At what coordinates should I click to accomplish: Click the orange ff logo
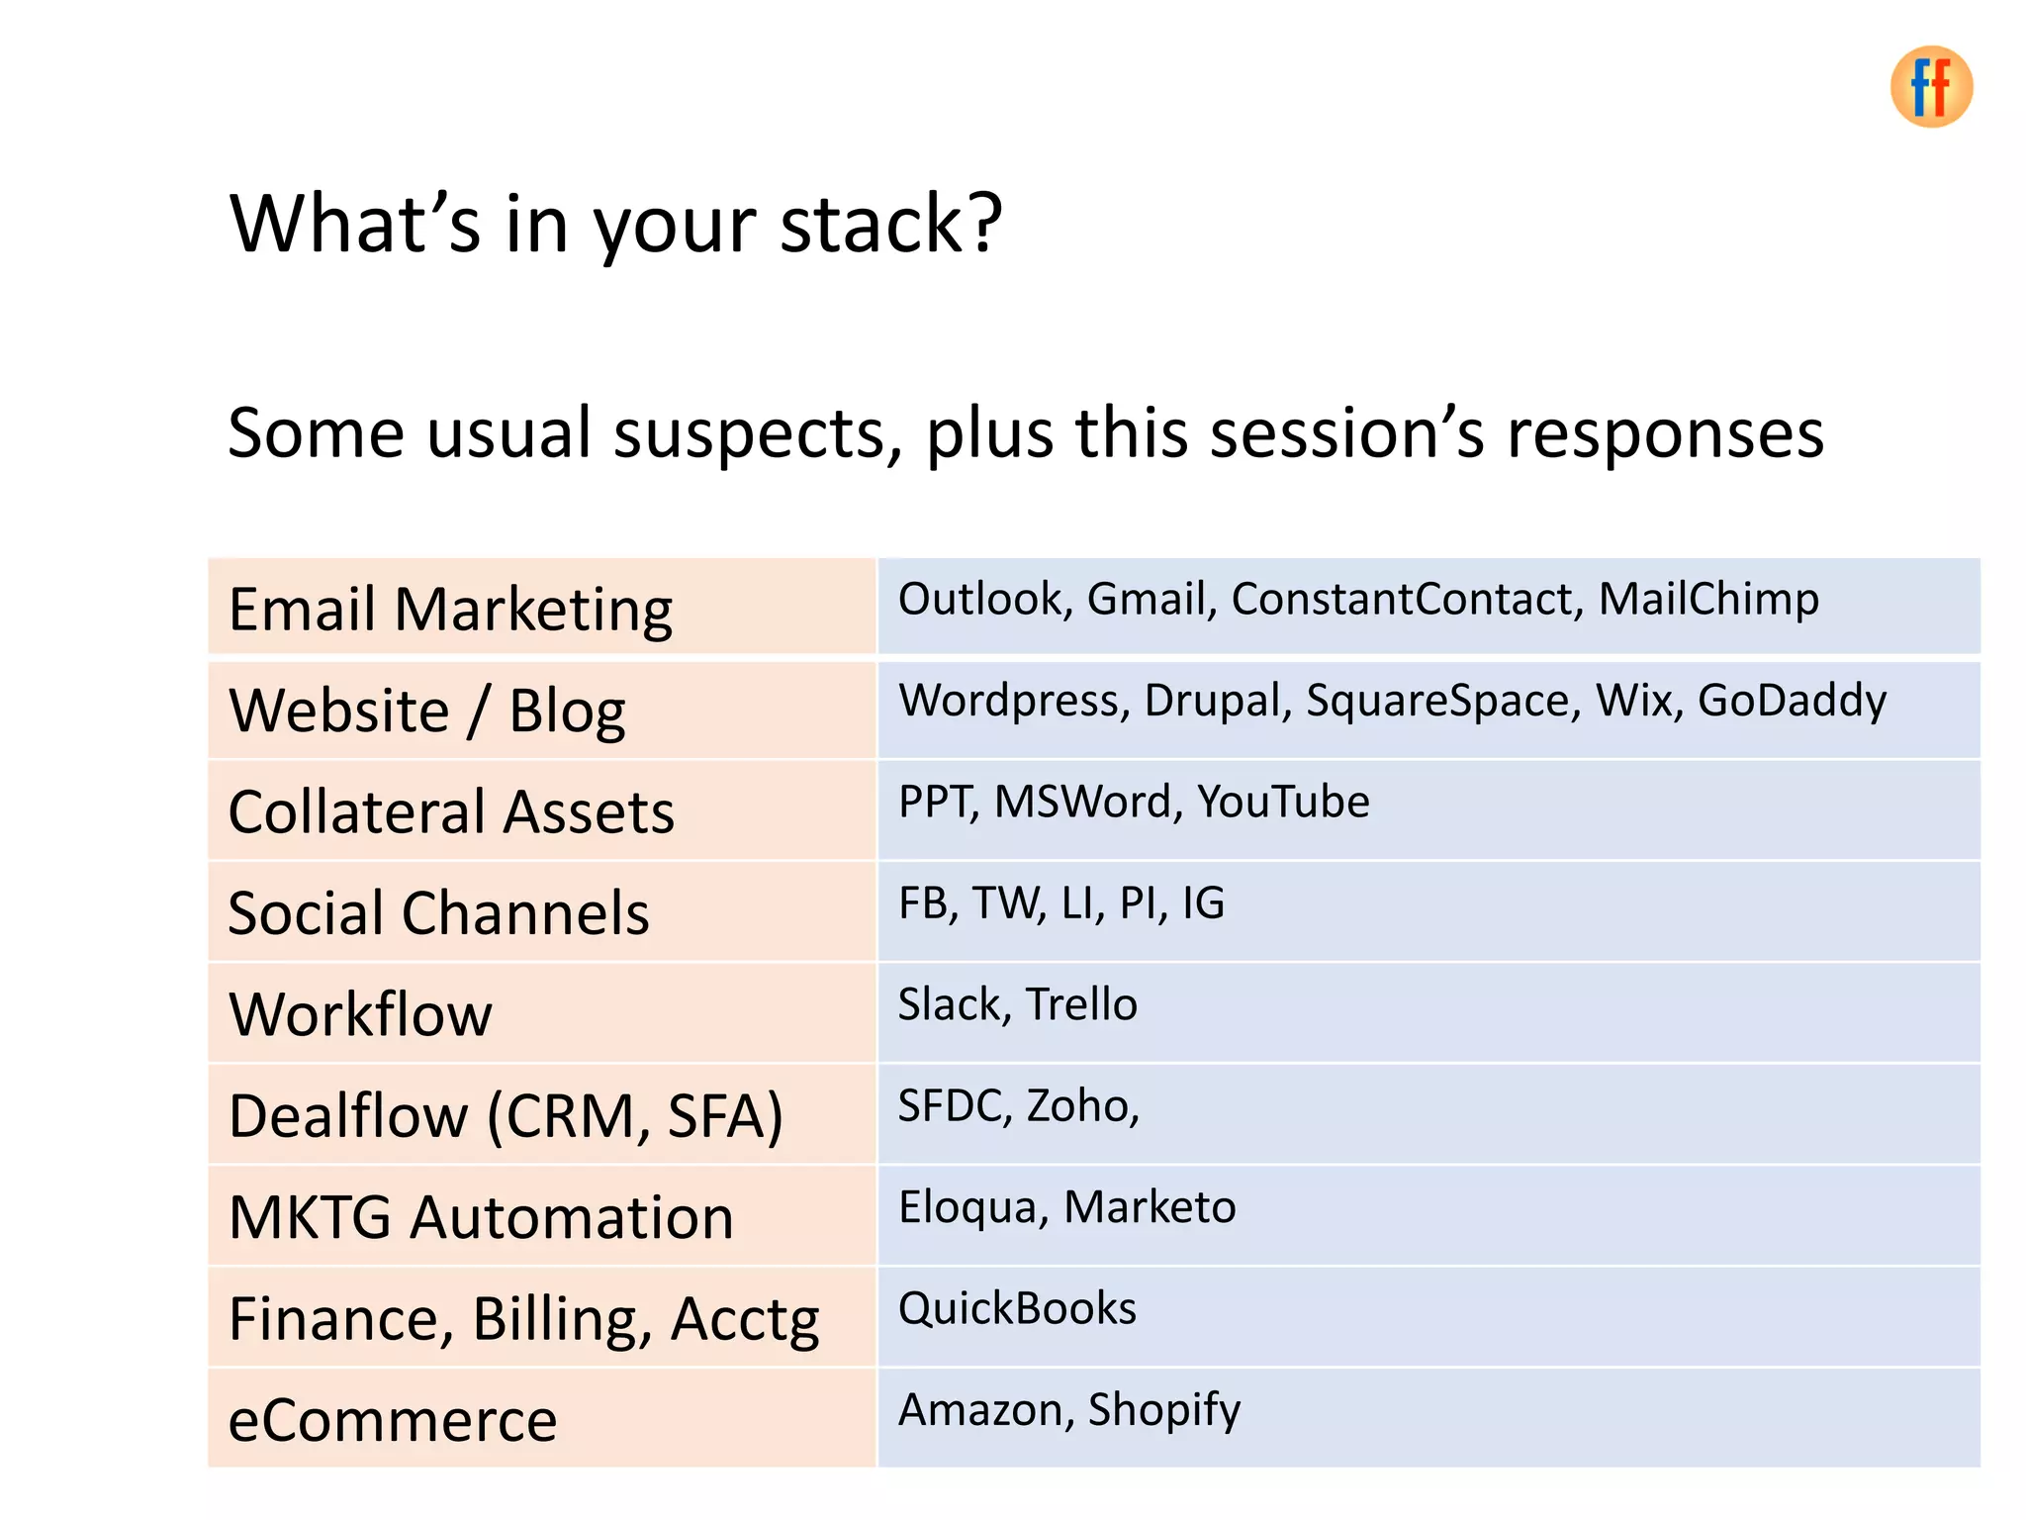(1930, 87)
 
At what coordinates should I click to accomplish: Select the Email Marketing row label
(450, 609)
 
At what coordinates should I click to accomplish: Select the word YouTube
(1283, 802)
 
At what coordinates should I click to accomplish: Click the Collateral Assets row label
(451, 812)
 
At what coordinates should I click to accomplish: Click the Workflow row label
(360, 1014)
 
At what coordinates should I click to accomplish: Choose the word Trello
(1081, 1004)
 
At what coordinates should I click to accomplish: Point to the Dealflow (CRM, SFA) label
(506, 1116)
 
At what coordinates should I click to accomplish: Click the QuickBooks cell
(1017, 1308)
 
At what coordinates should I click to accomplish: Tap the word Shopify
(1163, 1410)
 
